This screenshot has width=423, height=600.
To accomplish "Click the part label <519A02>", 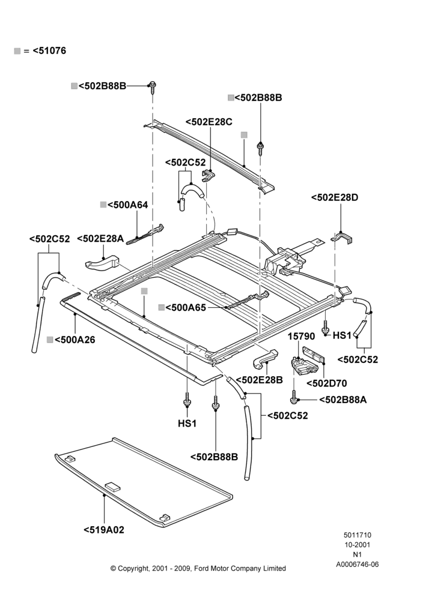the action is [104, 530].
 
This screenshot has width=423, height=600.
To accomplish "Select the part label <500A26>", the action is [75, 340].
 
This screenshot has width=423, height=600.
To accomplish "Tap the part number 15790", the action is [302, 337].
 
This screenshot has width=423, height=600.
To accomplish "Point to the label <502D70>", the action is [326, 383].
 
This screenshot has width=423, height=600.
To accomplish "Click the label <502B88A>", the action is [343, 400].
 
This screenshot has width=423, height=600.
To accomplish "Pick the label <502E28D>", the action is [335, 197].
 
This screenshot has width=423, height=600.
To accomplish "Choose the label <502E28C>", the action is [209, 122].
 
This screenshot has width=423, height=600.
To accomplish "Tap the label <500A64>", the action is [127, 205].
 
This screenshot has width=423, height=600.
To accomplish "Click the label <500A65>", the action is [186, 307].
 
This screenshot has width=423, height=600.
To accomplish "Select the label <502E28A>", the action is [100, 239].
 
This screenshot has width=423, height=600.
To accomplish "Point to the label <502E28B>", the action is [260, 380].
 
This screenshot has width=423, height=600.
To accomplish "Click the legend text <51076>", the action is [49, 50].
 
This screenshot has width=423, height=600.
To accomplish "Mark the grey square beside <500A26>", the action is [50, 340].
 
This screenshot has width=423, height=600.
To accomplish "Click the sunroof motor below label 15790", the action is [303, 365].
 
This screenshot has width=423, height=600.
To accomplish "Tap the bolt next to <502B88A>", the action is [294, 397].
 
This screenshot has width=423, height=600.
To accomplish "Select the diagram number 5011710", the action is [357, 535].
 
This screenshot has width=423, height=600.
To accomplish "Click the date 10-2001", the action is [357, 545].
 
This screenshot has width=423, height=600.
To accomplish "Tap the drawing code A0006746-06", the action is [358, 565].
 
